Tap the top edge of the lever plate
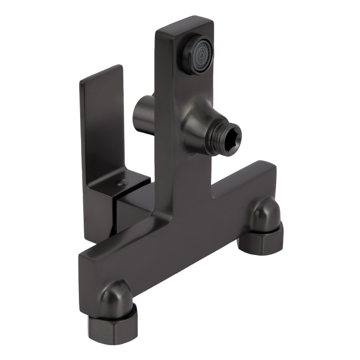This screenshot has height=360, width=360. [x=101, y=75]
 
